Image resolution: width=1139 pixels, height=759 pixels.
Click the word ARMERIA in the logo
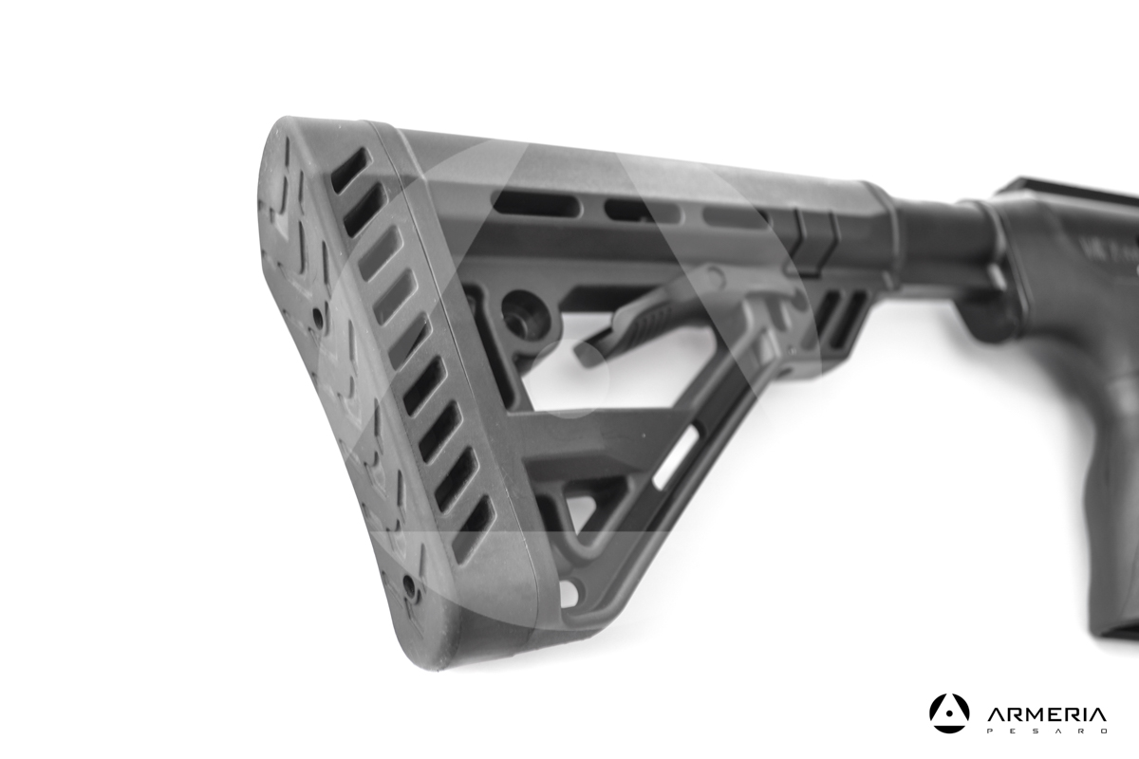[1046, 714]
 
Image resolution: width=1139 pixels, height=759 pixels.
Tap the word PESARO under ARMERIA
[1046, 731]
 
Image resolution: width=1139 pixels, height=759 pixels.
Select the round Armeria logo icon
[949, 713]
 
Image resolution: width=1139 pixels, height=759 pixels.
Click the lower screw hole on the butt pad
[410, 585]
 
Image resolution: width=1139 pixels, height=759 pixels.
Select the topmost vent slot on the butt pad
[348, 170]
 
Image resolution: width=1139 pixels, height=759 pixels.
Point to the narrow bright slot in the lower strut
[677, 456]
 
